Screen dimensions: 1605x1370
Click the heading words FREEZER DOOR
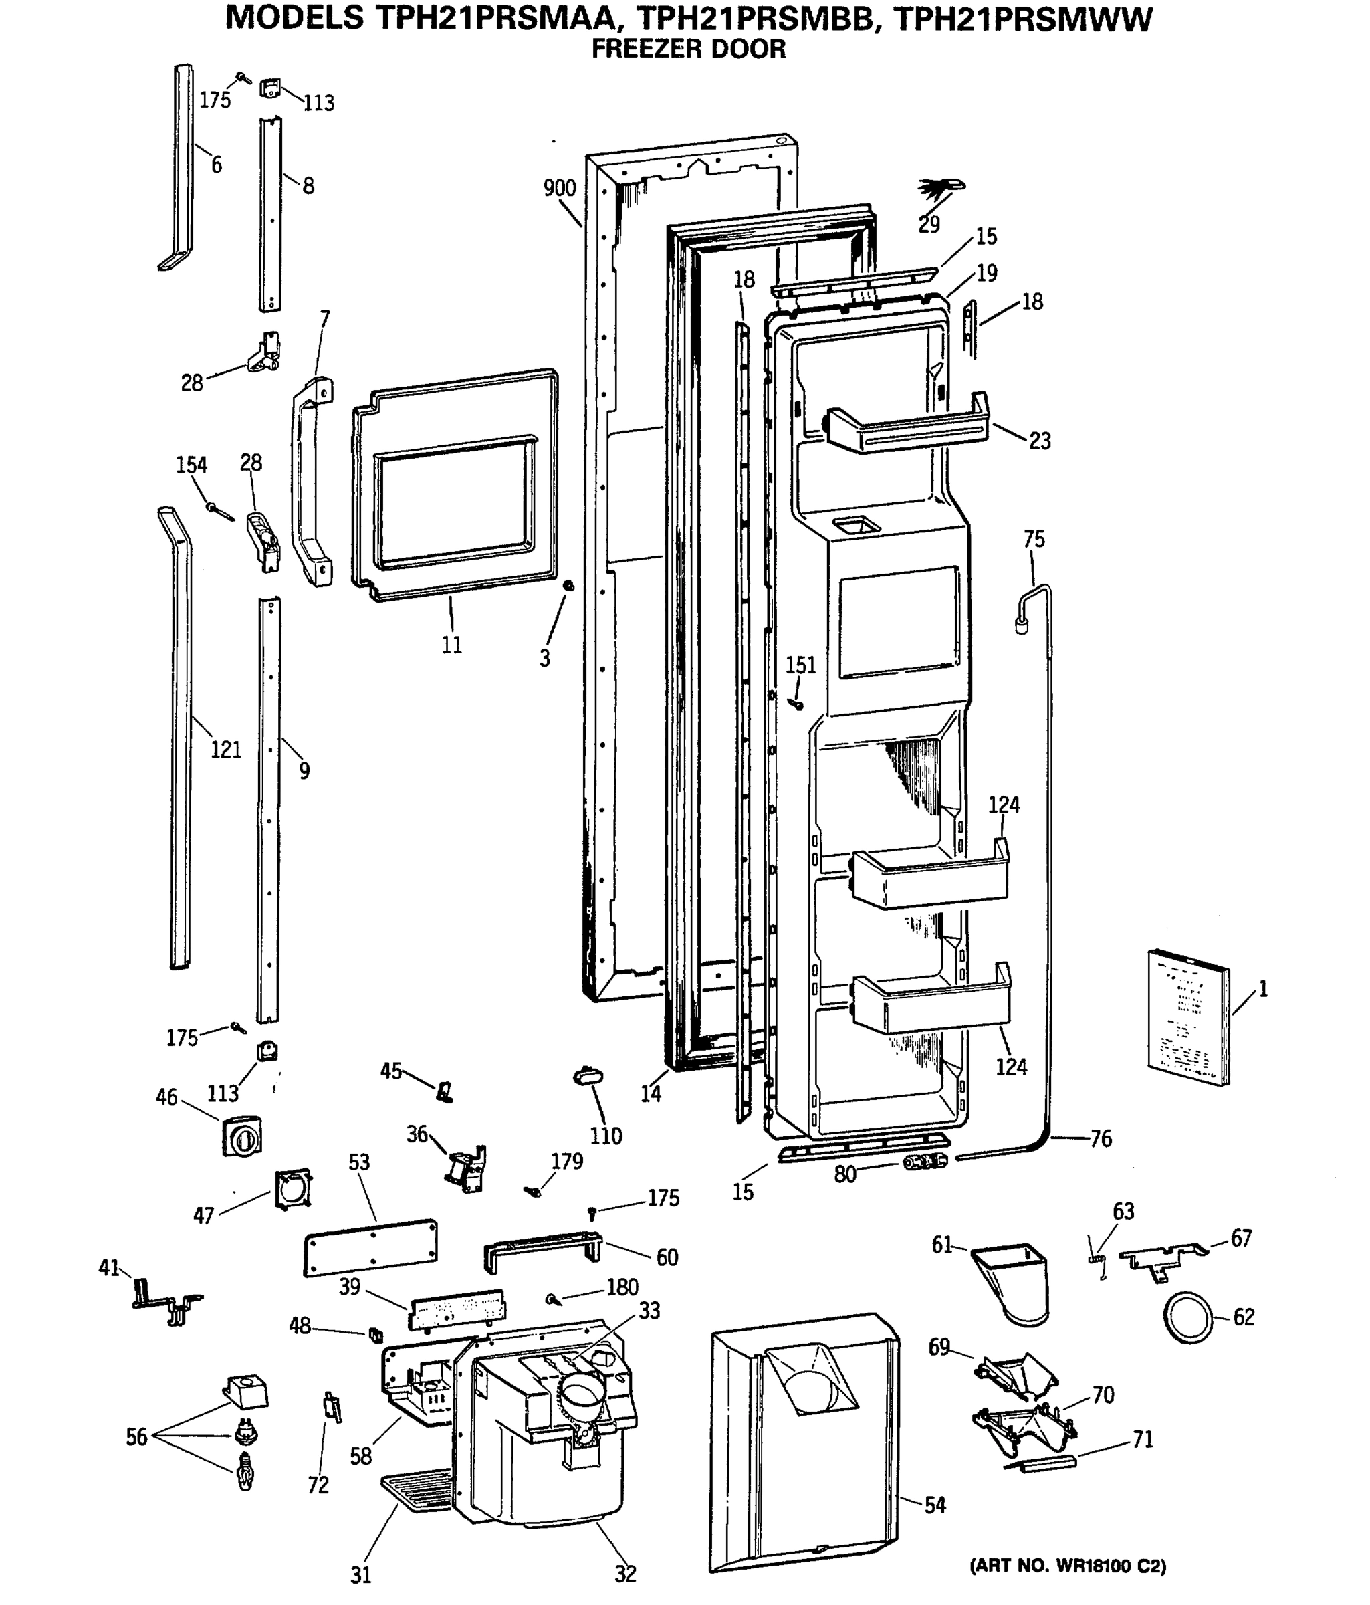click(688, 49)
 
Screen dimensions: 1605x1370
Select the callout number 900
click(559, 188)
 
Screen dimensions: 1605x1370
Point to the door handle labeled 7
click(312, 480)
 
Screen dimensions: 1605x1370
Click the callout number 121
click(226, 749)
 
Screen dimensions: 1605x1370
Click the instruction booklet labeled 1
click(1188, 1016)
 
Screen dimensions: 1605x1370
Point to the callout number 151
click(801, 665)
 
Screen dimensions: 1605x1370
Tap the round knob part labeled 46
click(241, 1136)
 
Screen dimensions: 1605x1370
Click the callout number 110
click(606, 1136)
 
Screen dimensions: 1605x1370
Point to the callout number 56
click(136, 1437)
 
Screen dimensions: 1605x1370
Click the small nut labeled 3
click(568, 586)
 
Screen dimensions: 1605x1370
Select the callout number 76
click(1101, 1139)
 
